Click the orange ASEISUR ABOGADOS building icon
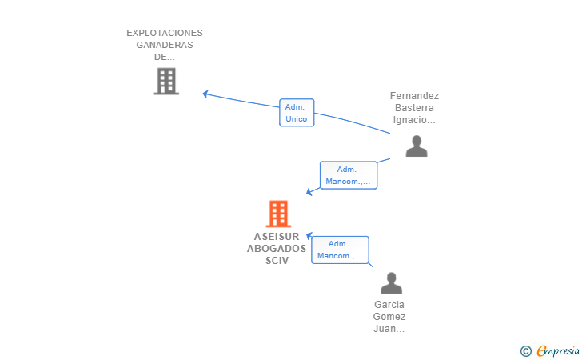(278, 214)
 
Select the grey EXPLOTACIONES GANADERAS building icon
(166, 82)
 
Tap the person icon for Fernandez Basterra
(417, 146)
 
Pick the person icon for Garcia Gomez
(391, 283)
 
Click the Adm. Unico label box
(297, 113)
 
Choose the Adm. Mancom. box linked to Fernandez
(349, 175)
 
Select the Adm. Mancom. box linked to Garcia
(340, 250)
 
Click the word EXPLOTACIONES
(165, 33)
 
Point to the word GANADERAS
(165, 45)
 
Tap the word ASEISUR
(277, 237)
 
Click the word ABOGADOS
(277, 249)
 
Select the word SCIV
(277, 261)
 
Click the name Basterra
(414, 108)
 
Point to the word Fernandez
(414, 96)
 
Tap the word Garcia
(389, 305)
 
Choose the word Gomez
(389, 317)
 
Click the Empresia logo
(558, 350)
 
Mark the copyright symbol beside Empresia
(526, 351)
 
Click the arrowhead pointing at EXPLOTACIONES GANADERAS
(205, 94)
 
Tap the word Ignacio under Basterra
(409, 120)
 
